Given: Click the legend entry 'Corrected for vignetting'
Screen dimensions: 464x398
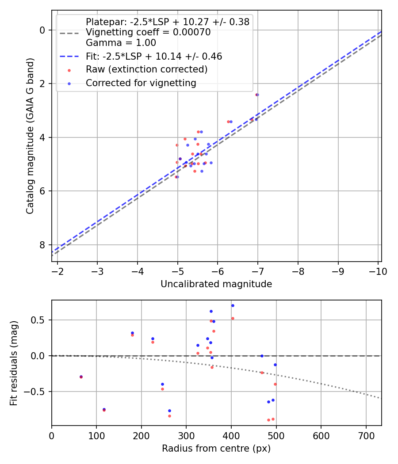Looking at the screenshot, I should [x=141, y=83].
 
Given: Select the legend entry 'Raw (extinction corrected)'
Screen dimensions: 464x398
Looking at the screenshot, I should [x=146, y=69].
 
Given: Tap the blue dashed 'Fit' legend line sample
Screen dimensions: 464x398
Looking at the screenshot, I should [x=69, y=57].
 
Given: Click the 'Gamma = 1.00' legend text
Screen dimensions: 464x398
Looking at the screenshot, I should [x=121, y=43].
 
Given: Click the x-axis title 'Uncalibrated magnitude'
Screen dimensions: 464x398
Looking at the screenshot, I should [x=216, y=284].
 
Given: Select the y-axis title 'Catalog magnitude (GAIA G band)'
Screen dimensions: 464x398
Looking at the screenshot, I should [x=30, y=137].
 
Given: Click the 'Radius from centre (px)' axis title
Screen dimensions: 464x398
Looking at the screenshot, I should [x=216, y=449].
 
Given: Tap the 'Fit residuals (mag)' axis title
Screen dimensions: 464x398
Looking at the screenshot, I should [x=14, y=363].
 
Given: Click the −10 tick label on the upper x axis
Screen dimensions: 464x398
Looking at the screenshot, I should [x=378, y=271].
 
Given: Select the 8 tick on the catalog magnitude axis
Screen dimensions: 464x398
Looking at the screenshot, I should [x=42, y=245].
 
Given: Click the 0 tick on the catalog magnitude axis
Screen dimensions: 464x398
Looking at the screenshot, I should [x=42, y=30].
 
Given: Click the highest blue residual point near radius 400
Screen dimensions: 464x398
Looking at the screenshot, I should [x=233, y=305].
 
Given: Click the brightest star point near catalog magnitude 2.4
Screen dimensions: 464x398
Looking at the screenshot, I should [x=257, y=95].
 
